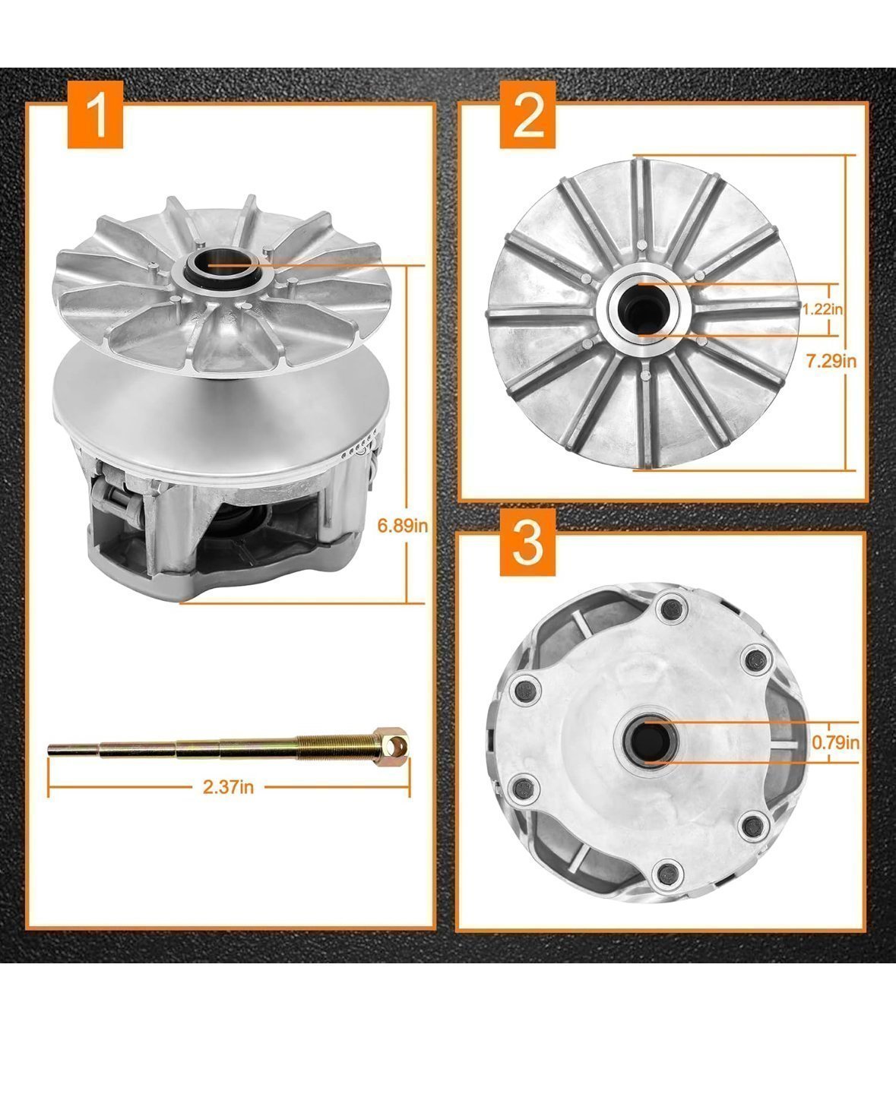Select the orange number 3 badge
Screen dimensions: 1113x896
coord(527,542)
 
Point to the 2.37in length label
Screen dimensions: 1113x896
coord(228,787)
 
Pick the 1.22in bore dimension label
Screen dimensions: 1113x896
coord(823,308)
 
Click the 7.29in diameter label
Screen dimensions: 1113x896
coord(831,362)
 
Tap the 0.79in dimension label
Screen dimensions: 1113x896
coord(835,742)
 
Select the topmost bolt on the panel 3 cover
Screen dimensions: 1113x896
coord(670,608)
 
